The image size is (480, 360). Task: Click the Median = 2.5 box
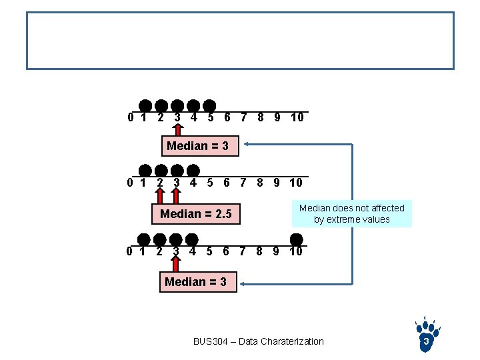[x=195, y=214]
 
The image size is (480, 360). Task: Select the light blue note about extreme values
[x=351, y=214]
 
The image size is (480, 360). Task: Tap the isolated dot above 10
[x=297, y=239]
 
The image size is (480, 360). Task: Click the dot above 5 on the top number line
[x=209, y=106]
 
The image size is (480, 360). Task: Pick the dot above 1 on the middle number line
[x=145, y=170]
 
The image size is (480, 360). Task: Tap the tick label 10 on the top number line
[x=297, y=117]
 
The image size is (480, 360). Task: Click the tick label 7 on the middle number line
[x=243, y=183]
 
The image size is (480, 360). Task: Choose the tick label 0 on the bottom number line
[x=130, y=251]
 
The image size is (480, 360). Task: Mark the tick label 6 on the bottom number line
[x=226, y=251]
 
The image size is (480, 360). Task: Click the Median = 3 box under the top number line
[x=197, y=146]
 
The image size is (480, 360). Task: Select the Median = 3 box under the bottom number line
[x=195, y=282]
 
